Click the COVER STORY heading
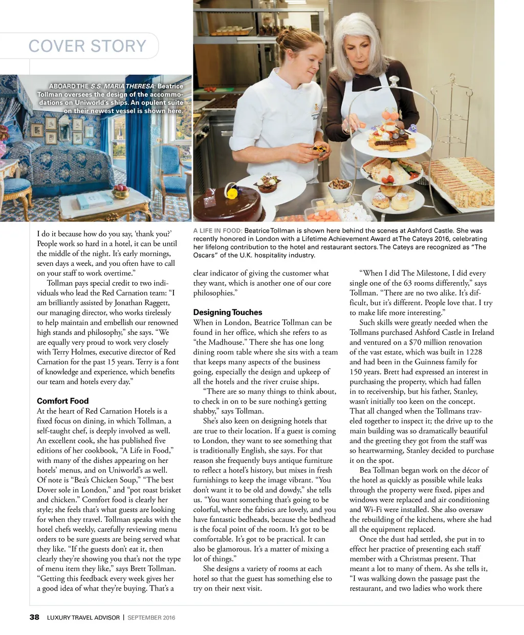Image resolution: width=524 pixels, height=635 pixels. click(88, 46)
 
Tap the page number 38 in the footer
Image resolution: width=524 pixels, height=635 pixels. click(34, 617)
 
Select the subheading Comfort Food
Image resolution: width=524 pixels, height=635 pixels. click(62, 401)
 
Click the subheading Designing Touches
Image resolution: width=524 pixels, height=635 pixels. click(228, 312)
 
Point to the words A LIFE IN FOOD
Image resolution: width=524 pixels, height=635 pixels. click(217, 231)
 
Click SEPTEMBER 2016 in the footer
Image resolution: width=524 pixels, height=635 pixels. click(151, 618)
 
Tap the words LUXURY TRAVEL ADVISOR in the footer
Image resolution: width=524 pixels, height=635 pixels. click(83, 618)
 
